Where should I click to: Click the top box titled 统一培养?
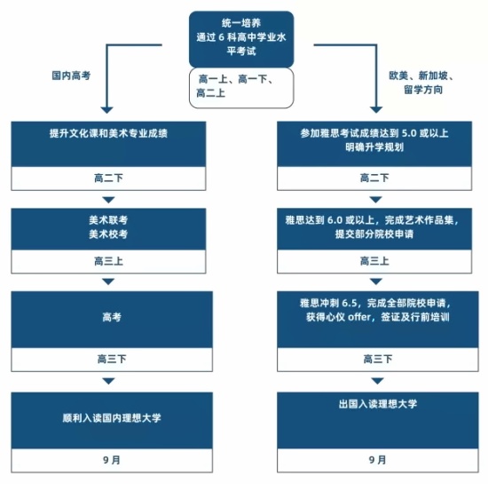click(x=241, y=39)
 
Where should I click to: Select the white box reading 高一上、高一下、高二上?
click(x=241, y=88)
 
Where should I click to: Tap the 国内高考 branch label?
click(x=71, y=75)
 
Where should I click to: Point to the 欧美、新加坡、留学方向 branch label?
click(x=421, y=83)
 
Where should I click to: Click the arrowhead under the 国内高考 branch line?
click(x=106, y=110)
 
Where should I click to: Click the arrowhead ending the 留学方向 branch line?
click(x=376, y=110)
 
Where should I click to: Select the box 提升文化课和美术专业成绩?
click(x=108, y=144)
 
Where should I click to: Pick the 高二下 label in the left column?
click(x=108, y=179)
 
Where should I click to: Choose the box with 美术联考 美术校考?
click(x=108, y=229)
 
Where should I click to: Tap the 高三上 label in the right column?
click(x=374, y=261)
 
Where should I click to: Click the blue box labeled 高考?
click(x=112, y=320)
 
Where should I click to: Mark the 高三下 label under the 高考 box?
click(x=112, y=359)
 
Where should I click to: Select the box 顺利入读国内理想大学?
click(x=112, y=420)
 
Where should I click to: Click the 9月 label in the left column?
click(x=112, y=460)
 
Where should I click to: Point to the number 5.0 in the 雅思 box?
click(x=409, y=133)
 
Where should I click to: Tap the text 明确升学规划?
click(x=374, y=147)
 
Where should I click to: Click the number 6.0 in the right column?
click(x=335, y=220)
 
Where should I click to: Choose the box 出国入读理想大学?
click(x=378, y=420)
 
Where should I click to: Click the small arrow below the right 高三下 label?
click(x=377, y=381)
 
